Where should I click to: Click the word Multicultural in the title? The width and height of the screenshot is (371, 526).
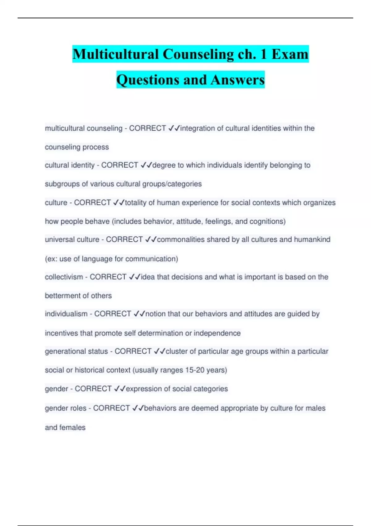(x=116, y=54)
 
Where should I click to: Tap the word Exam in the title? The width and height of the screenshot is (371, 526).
(x=290, y=54)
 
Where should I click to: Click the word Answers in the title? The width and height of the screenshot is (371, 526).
(x=238, y=80)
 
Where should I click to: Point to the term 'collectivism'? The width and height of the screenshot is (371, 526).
(x=64, y=277)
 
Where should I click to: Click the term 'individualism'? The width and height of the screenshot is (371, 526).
(x=66, y=314)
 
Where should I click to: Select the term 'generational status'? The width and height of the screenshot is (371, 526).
(x=76, y=351)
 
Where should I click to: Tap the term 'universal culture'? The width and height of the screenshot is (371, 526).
(x=72, y=239)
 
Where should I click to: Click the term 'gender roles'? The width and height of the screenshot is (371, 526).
(x=66, y=408)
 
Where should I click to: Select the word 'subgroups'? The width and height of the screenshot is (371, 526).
(x=62, y=184)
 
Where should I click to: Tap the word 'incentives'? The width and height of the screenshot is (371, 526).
(x=62, y=333)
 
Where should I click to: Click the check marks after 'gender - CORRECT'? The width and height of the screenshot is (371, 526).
(x=120, y=389)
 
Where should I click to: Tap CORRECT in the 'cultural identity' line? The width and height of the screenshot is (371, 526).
(x=120, y=165)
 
